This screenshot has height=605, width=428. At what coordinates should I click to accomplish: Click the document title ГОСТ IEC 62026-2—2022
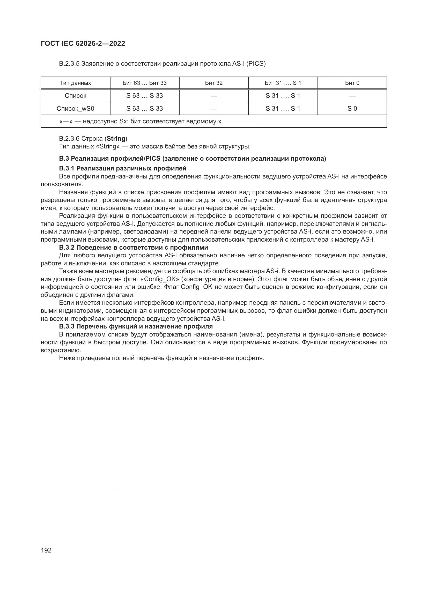[x=83, y=44]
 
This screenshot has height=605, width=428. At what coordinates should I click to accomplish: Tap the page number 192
[x=46, y=550]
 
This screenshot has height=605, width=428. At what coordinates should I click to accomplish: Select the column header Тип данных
[x=75, y=83]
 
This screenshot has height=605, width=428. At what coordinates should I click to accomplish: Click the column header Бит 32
[x=214, y=83]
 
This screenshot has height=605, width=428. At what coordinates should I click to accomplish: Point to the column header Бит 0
[x=352, y=83]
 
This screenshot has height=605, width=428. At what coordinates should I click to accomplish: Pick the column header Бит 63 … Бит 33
[x=144, y=83]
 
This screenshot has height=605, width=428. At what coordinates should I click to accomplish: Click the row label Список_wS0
[x=75, y=109]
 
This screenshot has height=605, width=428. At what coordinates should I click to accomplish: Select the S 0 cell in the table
[x=352, y=109]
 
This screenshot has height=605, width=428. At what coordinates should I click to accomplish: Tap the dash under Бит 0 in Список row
[x=352, y=96]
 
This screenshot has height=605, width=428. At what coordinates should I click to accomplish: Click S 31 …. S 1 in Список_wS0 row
[x=283, y=109]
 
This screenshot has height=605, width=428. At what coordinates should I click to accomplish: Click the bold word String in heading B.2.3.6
[x=116, y=139]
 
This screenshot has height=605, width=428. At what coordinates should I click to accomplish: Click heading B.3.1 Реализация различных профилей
[x=123, y=168]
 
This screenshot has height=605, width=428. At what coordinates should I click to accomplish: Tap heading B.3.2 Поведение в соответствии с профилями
[x=133, y=248]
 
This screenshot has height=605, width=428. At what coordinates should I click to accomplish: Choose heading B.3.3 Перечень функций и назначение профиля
[x=136, y=326]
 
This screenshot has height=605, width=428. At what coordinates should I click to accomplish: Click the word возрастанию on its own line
[x=61, y=350]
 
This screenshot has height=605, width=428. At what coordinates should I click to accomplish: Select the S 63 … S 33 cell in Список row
[x=144, y=96]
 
